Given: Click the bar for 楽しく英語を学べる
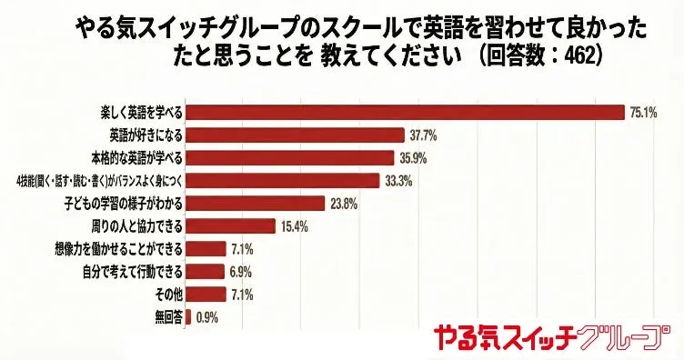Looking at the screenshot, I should tap(405, 113).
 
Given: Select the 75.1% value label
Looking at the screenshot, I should tap(643, 113).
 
